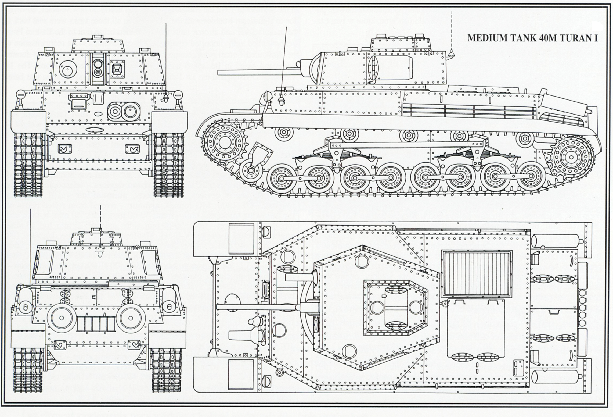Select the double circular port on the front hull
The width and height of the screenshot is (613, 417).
pyautogui.click(x=124, y=111)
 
